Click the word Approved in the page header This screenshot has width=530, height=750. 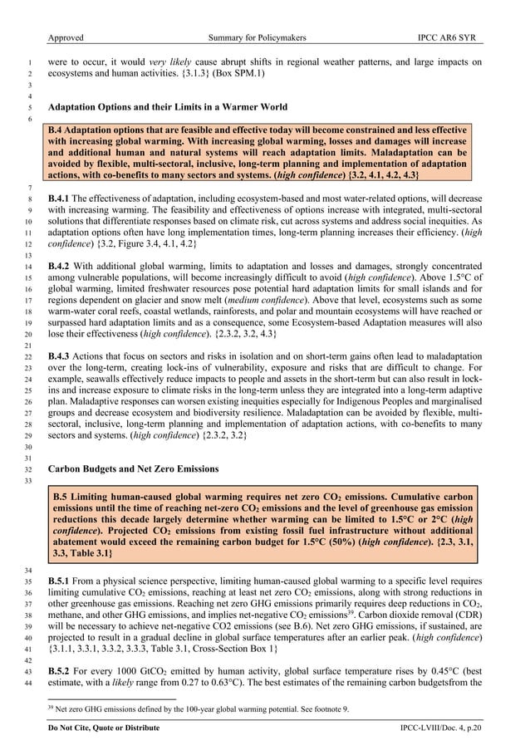[x=66, y=37]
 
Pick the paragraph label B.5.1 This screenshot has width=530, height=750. [x=61, y=581]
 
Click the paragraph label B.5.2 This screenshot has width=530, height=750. [x=61, y=671]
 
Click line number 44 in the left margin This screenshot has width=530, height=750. [x=28, y=683]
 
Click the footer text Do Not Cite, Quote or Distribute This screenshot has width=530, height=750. [x=104, y=728]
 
